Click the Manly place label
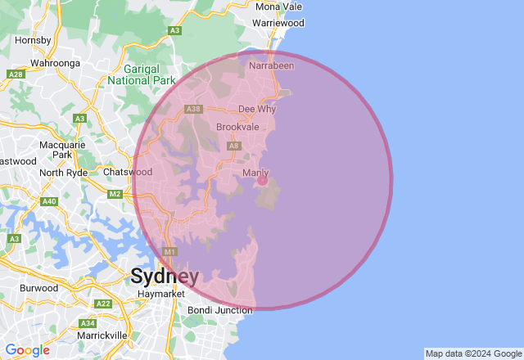pyautogui.click(x=255, y=173)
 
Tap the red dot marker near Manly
pyautogui.click(x=262, y=180)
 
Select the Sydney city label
pyautogui.click(x=165, y=276)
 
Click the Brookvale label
pyautogui.click(x=237, y=128)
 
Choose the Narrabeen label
pyautogui.click(x=271, y=65)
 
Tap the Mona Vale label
pyautogui.click(x=279, y=7)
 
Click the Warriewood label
pyautogui.click(x=278, y=24)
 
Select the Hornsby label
pyautogui.click(x=34, y=39)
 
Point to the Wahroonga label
pyautogui.click(x=54, y=62)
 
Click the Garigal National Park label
pyautogui.click(x=142, y=74)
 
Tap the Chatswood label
pyautogui.click(x=128, y=173)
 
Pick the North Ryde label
pyautogui.click(x=63, y=173)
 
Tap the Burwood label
pyautogui.click(x=38, y=288)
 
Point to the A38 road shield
pyautogui.click(x=194, y=109)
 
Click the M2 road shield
pyautogui.click(x=115, y=194)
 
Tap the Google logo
pyautogui.click(x=28, y=350)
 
